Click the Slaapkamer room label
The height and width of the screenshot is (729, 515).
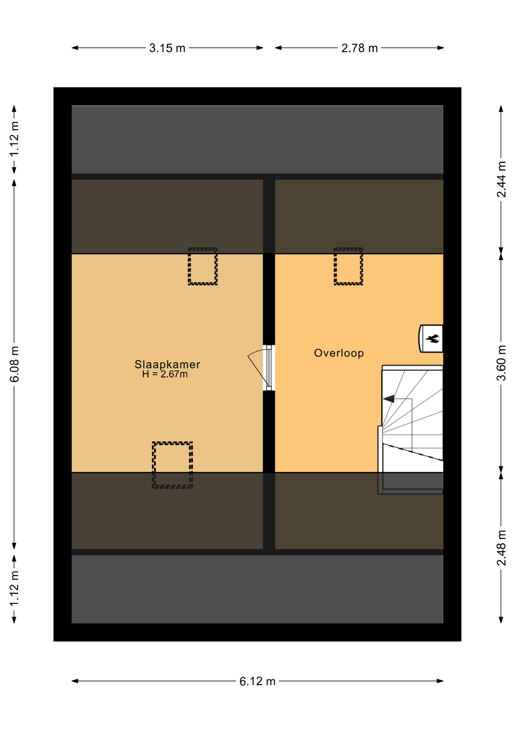(167, 364)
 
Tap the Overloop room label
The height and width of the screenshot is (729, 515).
(339, 353)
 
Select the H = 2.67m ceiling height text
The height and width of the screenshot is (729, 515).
(165, 374)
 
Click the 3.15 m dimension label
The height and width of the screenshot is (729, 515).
(167, 48)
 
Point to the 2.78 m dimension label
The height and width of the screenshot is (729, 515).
(360, 48)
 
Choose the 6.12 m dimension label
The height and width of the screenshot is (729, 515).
(257, 681)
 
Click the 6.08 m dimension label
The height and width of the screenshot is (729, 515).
(14, 364)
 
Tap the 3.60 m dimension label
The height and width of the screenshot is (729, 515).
(501, 363)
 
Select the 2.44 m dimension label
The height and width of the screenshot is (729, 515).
(501, 179)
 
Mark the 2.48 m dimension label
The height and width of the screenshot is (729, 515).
(501, 548)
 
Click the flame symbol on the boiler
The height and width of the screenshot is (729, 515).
(432, 338)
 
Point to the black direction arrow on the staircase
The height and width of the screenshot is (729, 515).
(389, 399)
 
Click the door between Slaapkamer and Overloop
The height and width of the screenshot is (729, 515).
(269, 368)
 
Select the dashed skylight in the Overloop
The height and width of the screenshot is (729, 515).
(348, 266)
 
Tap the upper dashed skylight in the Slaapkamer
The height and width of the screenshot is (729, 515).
(203, 266)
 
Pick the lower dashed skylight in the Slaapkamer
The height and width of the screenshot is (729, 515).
(172, 465)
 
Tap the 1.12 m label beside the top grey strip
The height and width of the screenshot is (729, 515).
(14, 139)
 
